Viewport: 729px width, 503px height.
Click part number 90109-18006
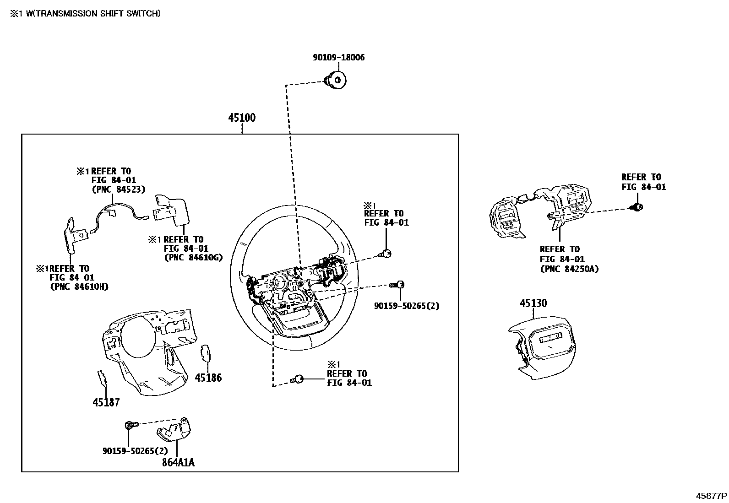(x=338, y=58)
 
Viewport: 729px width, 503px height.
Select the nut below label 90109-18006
(x=337, y=80)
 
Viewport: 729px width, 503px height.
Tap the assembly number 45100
(x=242, y=118)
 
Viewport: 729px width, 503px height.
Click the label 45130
(x=533, y=303)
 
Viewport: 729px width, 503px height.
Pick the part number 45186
(x=208, y=378)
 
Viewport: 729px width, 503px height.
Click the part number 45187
(x=106, y=402)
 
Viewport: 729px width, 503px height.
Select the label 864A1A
(x=178, y=462)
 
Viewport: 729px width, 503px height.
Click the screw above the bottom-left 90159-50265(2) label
(x=130, y=426)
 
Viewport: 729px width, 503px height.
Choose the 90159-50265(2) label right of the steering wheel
(x=406, y=306)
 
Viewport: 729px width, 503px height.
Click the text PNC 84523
(x=118, y=189)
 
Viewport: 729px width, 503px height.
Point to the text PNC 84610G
(x=193, y=257)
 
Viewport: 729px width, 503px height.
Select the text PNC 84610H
(x=79, y=287)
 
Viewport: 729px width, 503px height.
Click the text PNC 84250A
(x=569, y=269)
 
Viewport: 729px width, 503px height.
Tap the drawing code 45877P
(x=712, y=496)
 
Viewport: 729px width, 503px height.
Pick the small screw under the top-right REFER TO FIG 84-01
(x=637, y=207)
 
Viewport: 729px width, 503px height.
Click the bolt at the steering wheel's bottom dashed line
(x=298, y=379)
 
